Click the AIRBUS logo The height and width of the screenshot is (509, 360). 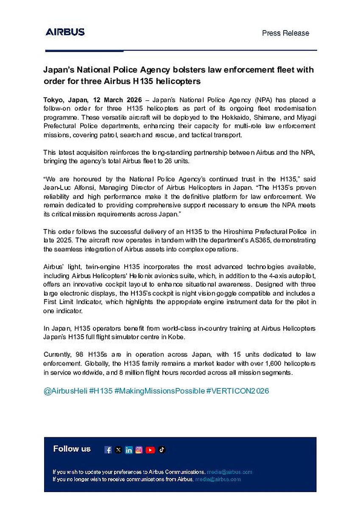coord(65,32)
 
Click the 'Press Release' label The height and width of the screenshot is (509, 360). coord(285,33)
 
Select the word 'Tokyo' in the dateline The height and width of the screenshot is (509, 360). coord(53,100)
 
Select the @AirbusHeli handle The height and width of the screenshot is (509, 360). coord(65,391)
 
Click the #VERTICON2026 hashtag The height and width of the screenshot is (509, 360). coord(237,391)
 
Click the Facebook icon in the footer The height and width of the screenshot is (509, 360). coord(108,450)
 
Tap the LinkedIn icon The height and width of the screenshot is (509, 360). coord(129,450)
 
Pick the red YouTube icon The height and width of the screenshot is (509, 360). coord(150,450)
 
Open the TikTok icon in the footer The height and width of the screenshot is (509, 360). coord(162,450)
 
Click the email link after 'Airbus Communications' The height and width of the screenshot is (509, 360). coord(229,472)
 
